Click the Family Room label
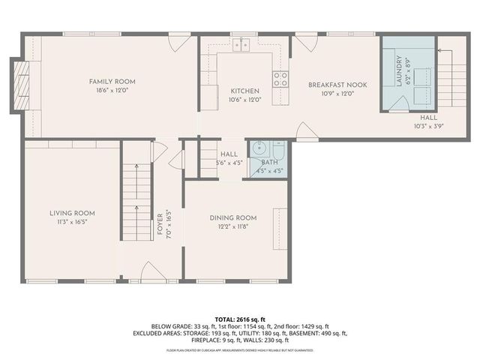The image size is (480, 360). click(112, 81)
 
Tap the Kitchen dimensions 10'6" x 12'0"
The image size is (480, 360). click(244, 100)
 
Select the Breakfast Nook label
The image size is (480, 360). click(337, 85)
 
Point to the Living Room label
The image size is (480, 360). click(72, 213)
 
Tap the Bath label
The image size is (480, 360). click(268, 162)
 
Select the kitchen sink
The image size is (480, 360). click(241, 46)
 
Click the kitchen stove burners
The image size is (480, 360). click(280, 79)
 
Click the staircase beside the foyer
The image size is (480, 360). click(135, 202)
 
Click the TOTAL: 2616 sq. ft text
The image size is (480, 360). click(240, 318)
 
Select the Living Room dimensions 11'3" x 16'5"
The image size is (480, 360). click(72, 223)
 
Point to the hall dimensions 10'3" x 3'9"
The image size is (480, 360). click(428, 127)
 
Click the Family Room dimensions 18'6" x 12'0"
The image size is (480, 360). click(112, 90)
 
